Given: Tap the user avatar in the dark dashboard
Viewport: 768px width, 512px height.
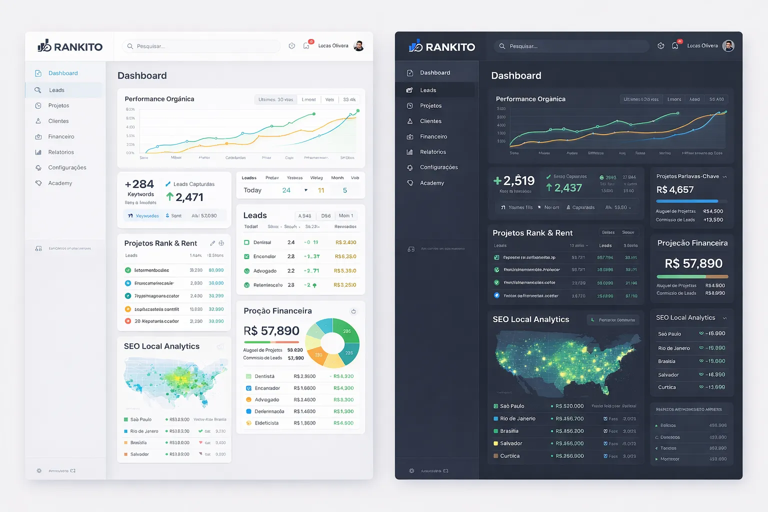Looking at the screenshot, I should tap(728, 46).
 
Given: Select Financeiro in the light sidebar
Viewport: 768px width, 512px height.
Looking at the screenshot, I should tap(61, 136).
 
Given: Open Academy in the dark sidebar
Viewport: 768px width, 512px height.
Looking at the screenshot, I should tap(432, 183).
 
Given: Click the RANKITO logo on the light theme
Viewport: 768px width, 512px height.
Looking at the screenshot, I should tap(70, 46).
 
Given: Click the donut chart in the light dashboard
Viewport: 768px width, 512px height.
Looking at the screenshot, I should tap(332, 343).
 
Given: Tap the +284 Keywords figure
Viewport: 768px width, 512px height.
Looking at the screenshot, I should tap(139, 184).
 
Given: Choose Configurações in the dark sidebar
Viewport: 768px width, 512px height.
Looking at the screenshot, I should tap(438, 167).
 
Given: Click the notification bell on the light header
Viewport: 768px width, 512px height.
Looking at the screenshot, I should tap(306, 46).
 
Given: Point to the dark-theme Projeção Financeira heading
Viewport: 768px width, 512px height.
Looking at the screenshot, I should tap(692, 243).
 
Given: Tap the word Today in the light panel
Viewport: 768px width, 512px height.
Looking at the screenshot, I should tap(252, 190).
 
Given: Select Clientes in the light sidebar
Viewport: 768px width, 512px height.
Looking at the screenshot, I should tap(58, 121).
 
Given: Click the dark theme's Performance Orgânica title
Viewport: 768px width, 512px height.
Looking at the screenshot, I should tap(530, 99).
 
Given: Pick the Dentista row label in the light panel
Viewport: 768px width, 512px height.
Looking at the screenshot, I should tap(264, 376).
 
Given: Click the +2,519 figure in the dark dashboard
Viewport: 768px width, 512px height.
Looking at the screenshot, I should tap(514, 180).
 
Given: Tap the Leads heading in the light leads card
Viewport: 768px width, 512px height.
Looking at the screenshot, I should tap(255, 215).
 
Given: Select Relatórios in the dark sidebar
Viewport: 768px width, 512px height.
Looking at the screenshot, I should tap(433, 152).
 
